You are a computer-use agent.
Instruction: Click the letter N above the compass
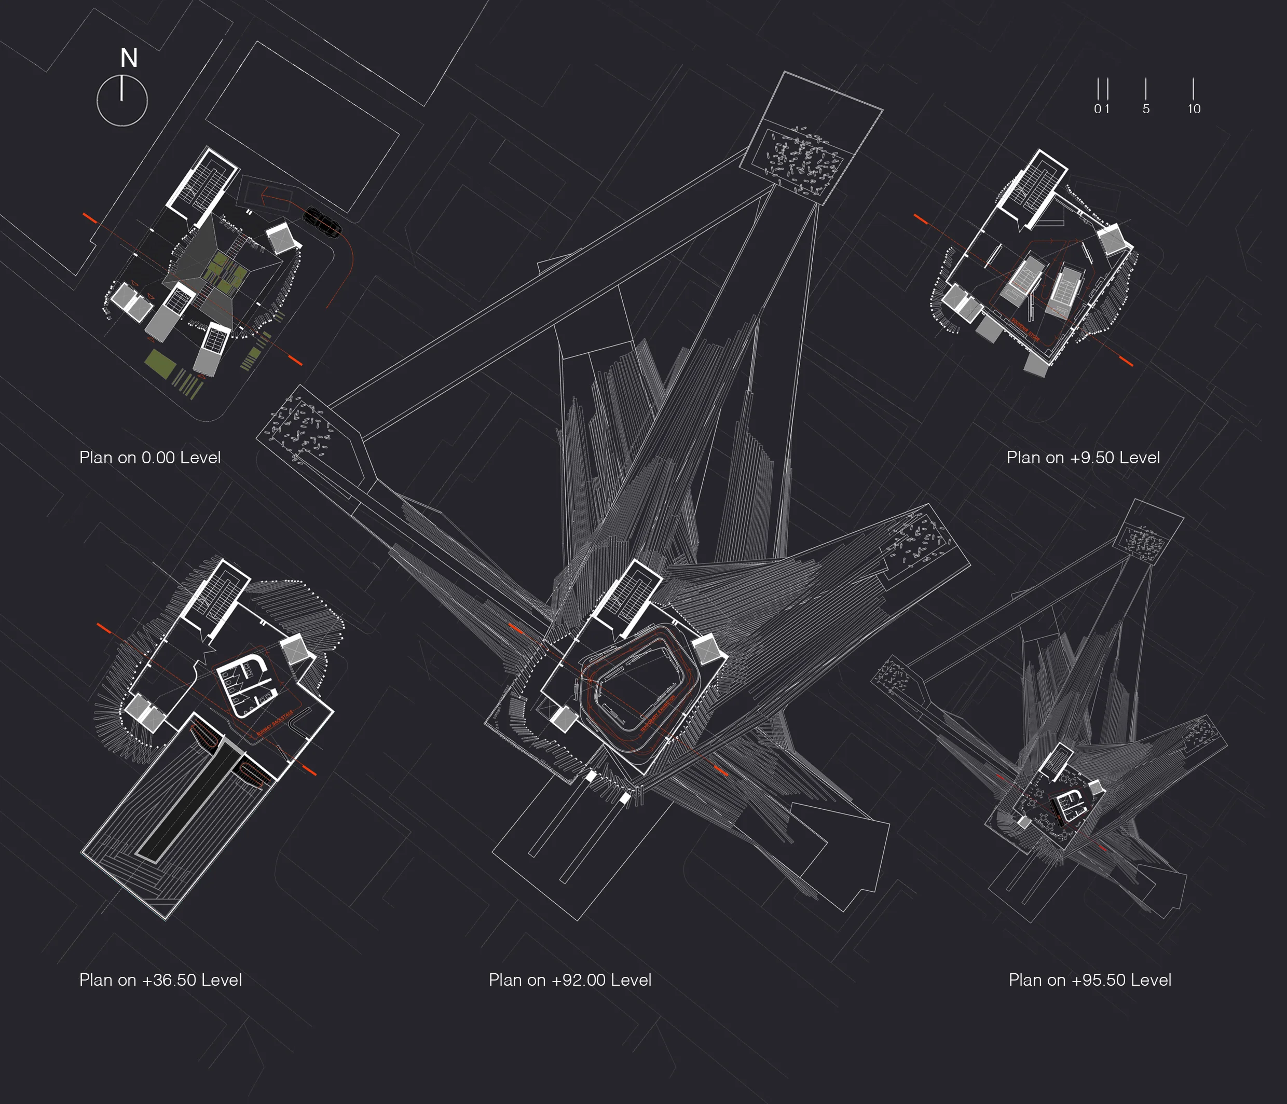click(x=129, y=59)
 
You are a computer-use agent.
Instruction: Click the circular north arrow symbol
click(x=122, y=101)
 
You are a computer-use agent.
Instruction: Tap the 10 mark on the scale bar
click(x=1193, y=108)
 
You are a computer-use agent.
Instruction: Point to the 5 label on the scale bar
click(x=1146, y=108)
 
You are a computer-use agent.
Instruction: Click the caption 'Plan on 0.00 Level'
click(x=149, y=458)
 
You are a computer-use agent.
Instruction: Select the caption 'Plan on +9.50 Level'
click(x=1083, y=458)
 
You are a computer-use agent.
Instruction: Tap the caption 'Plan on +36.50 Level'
click(x=160, y=980)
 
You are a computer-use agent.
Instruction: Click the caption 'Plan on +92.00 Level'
click(x=570, y=980)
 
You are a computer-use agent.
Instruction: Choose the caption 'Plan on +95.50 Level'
click(x=1089, y=980)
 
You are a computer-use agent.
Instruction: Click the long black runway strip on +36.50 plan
click(x=186, y=801)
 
